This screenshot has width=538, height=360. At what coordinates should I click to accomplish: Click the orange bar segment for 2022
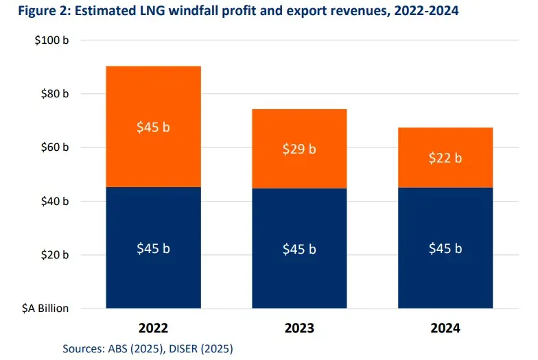[152, 126]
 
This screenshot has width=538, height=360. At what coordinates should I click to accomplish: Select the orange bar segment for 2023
[299, 148]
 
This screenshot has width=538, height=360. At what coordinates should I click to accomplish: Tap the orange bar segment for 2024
[445, 157]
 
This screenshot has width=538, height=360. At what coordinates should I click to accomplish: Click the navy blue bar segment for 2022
[152, 248]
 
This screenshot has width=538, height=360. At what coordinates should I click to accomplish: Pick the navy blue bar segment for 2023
[299, 248]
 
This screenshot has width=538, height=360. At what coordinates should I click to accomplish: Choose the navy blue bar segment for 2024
[445, 248]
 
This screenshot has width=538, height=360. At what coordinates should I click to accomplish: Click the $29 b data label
[299, 149]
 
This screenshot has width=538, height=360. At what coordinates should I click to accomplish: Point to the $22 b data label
[445, 158]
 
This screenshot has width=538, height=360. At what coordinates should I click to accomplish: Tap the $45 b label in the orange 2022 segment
[153, 127]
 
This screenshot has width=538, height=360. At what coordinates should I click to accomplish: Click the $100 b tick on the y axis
[51, 40]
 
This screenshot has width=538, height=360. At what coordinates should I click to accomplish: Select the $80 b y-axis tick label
[54, 94]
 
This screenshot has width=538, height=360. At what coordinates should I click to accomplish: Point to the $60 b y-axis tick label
[54, 147]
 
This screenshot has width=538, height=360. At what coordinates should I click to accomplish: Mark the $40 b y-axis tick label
[54, 201]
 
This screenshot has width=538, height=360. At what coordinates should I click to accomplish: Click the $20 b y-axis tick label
[54, 254]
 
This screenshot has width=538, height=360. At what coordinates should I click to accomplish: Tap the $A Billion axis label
[43, 308]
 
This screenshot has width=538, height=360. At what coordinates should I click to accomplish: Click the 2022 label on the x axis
[153, 328]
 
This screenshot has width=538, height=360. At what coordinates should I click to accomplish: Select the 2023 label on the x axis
[299, 328]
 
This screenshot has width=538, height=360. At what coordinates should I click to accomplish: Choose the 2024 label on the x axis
[445, 328]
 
